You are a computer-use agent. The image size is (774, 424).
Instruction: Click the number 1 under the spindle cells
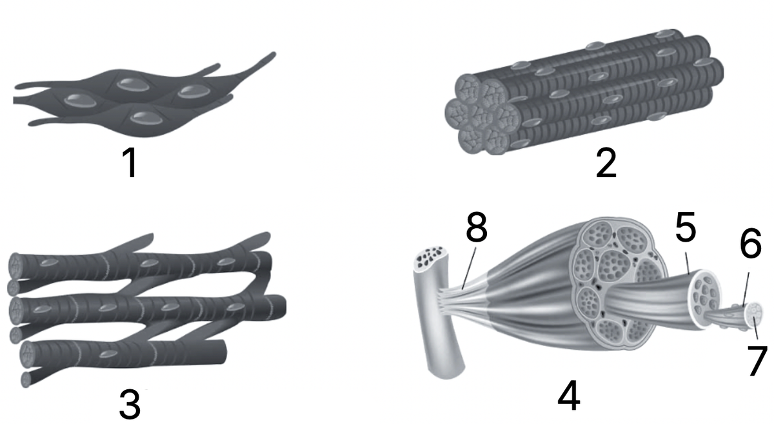(131, 162)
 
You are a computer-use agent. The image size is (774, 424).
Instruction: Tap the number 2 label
(606, 162)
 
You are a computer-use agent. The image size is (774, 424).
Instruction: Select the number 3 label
(130, 403)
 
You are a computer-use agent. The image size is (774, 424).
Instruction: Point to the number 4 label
(569, 395)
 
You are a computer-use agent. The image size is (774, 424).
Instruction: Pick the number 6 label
(751, 242)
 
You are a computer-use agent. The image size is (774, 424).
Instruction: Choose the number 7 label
(757, 360)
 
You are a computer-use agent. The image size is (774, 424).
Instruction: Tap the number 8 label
(477, 226)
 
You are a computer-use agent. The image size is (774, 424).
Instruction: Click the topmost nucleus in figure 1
(133, 84)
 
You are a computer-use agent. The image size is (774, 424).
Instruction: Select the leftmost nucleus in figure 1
(81, 101)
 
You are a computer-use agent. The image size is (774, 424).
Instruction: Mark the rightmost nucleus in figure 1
(194, 92)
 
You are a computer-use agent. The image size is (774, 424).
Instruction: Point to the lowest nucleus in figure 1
(146, 118)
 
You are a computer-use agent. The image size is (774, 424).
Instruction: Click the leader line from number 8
(469, 268)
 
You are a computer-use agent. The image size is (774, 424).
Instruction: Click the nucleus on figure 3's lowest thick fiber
(108, 354)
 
